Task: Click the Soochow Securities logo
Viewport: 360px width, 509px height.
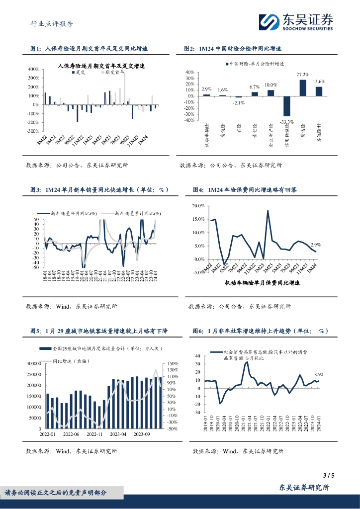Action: (296, 22)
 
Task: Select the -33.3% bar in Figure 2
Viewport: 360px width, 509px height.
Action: (287, 105)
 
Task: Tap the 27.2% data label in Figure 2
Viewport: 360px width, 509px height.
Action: (303, 75)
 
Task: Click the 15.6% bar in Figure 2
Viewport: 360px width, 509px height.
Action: (319, 90)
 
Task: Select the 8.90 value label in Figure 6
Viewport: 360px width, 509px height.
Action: (319, 374)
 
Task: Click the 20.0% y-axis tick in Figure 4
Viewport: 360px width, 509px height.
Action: (197, 206)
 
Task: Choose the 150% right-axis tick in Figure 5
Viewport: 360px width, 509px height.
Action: (173, 363)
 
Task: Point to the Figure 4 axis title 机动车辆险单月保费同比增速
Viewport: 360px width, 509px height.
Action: (263, 283)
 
